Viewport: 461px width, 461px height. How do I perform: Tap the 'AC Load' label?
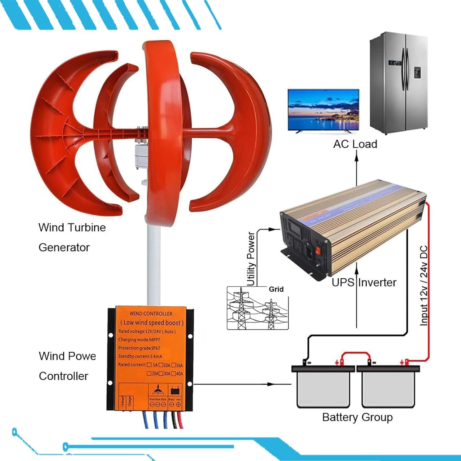pyautogui.click(x=355, y=144)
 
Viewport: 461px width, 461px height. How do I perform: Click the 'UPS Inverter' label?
pyautogui.click(x=364, y=282)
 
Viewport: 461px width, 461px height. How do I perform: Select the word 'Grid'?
pyautogui.click(x=276, y=289)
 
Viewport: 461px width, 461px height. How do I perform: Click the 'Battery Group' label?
pyautogui.click(x=357, y=417)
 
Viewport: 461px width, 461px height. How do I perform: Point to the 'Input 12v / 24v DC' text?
pyautogui.click(x=424, y=286)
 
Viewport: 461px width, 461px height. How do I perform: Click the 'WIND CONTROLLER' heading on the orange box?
pyautogui.click(x=151, y=313)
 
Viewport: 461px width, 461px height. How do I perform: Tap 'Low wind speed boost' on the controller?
pyautogui.click(x=152, y=322)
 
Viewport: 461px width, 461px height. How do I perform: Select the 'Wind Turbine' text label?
pyautogui.click(x=72, y=227)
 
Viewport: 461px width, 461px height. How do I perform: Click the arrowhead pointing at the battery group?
pyautogui.click(x=270, y=384)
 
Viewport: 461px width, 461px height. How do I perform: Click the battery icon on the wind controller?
pyautogui.click(x=175, y=391)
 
